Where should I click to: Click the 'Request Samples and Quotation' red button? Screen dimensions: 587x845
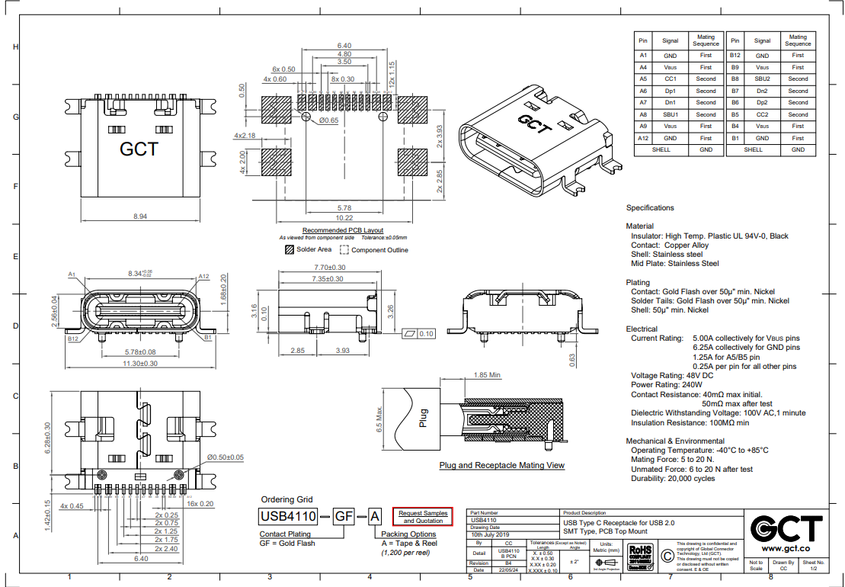click(x=423, y=517)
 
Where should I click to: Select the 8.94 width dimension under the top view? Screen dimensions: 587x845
click(x=139, y=217)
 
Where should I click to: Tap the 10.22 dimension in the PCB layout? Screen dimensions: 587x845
click(x=344, y=217)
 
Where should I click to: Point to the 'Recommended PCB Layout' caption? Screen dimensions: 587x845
click(x=343, y=230)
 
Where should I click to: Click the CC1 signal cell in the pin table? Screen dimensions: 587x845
click(x=671, y=79)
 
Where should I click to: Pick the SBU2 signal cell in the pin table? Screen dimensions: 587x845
click(x=762, y=79)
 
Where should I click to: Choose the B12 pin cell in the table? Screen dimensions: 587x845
click(x=735, y=55)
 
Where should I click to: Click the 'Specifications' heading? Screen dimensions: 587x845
click(x=650, y=207)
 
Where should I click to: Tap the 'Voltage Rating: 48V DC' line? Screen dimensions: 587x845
click(x=672, y=376)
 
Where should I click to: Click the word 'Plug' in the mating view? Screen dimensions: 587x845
click(x=424, y=419)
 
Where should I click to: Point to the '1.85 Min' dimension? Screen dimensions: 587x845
click(x=488, y=375)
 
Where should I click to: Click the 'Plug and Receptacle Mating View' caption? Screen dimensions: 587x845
click(x=501, y=465)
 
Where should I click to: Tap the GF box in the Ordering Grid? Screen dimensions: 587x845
click(x=344, y=517)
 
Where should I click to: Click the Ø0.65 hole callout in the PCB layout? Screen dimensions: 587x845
click(x=328, y=120)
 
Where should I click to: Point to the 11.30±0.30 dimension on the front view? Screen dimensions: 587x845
click(x=140, y=364)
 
